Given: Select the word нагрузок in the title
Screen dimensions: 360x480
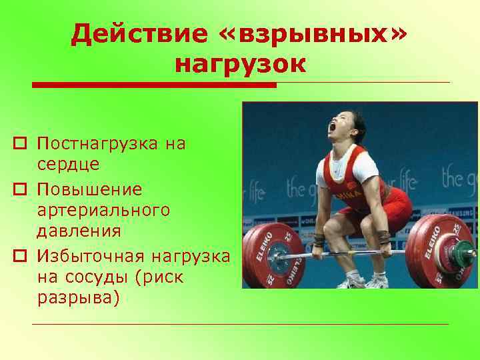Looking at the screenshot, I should point(240,65).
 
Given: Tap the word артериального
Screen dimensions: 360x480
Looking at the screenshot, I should point(103,210).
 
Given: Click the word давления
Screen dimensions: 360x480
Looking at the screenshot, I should point(79,231).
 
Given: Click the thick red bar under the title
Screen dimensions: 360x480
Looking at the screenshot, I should point(154,85).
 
